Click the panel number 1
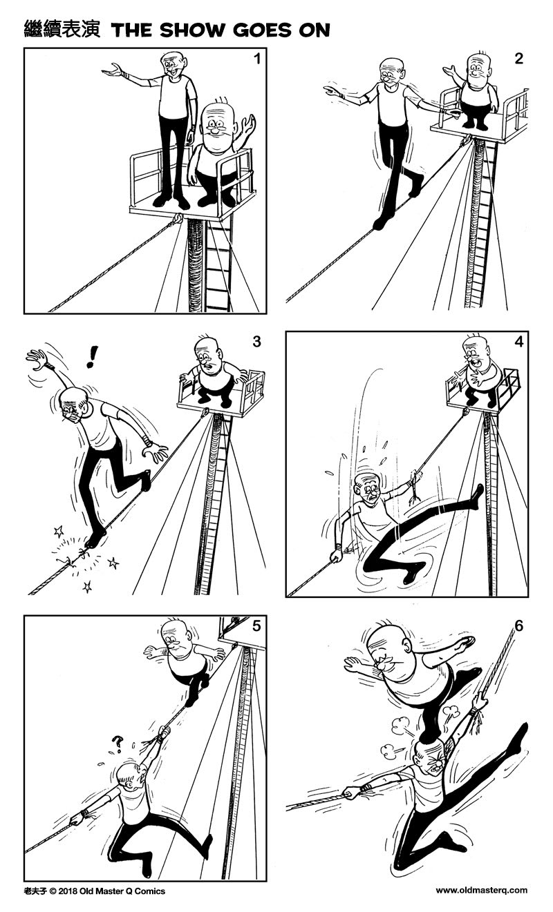(x=256, y=59)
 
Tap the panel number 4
(x=518, y=342)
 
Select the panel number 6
(x=518, y=626)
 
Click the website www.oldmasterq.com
(x=481, y=891)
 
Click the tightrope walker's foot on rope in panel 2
(x=382, y=222)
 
